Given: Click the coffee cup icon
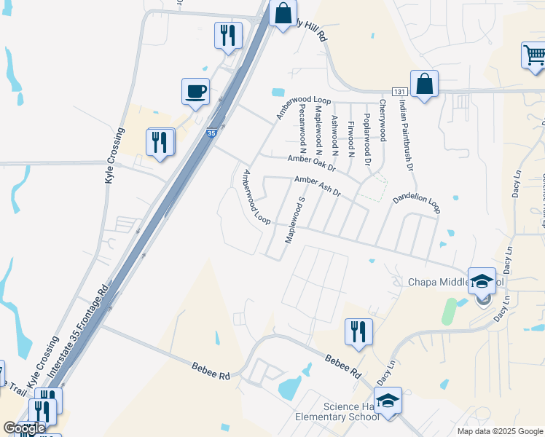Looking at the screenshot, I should coord(196,92).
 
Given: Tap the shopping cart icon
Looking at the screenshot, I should coord(534,55).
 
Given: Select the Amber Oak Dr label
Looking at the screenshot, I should coord(311,162).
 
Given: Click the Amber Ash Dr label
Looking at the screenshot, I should coord(318,186).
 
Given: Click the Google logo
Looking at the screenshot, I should coord(24,428).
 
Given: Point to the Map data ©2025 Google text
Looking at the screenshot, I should coord(500,431).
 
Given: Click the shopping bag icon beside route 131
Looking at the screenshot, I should coord(424,84).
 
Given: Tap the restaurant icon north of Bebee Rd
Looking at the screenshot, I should coord(358,331).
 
